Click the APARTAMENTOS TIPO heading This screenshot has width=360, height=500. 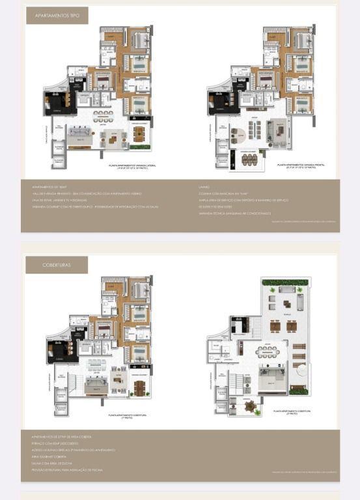(x=57, y=16)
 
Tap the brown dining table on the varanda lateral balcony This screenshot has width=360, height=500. (x=138, y=133)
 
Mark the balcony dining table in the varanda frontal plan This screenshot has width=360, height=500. (x=249, y=159)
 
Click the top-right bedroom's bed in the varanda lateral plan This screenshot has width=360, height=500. (x=140, y=40)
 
